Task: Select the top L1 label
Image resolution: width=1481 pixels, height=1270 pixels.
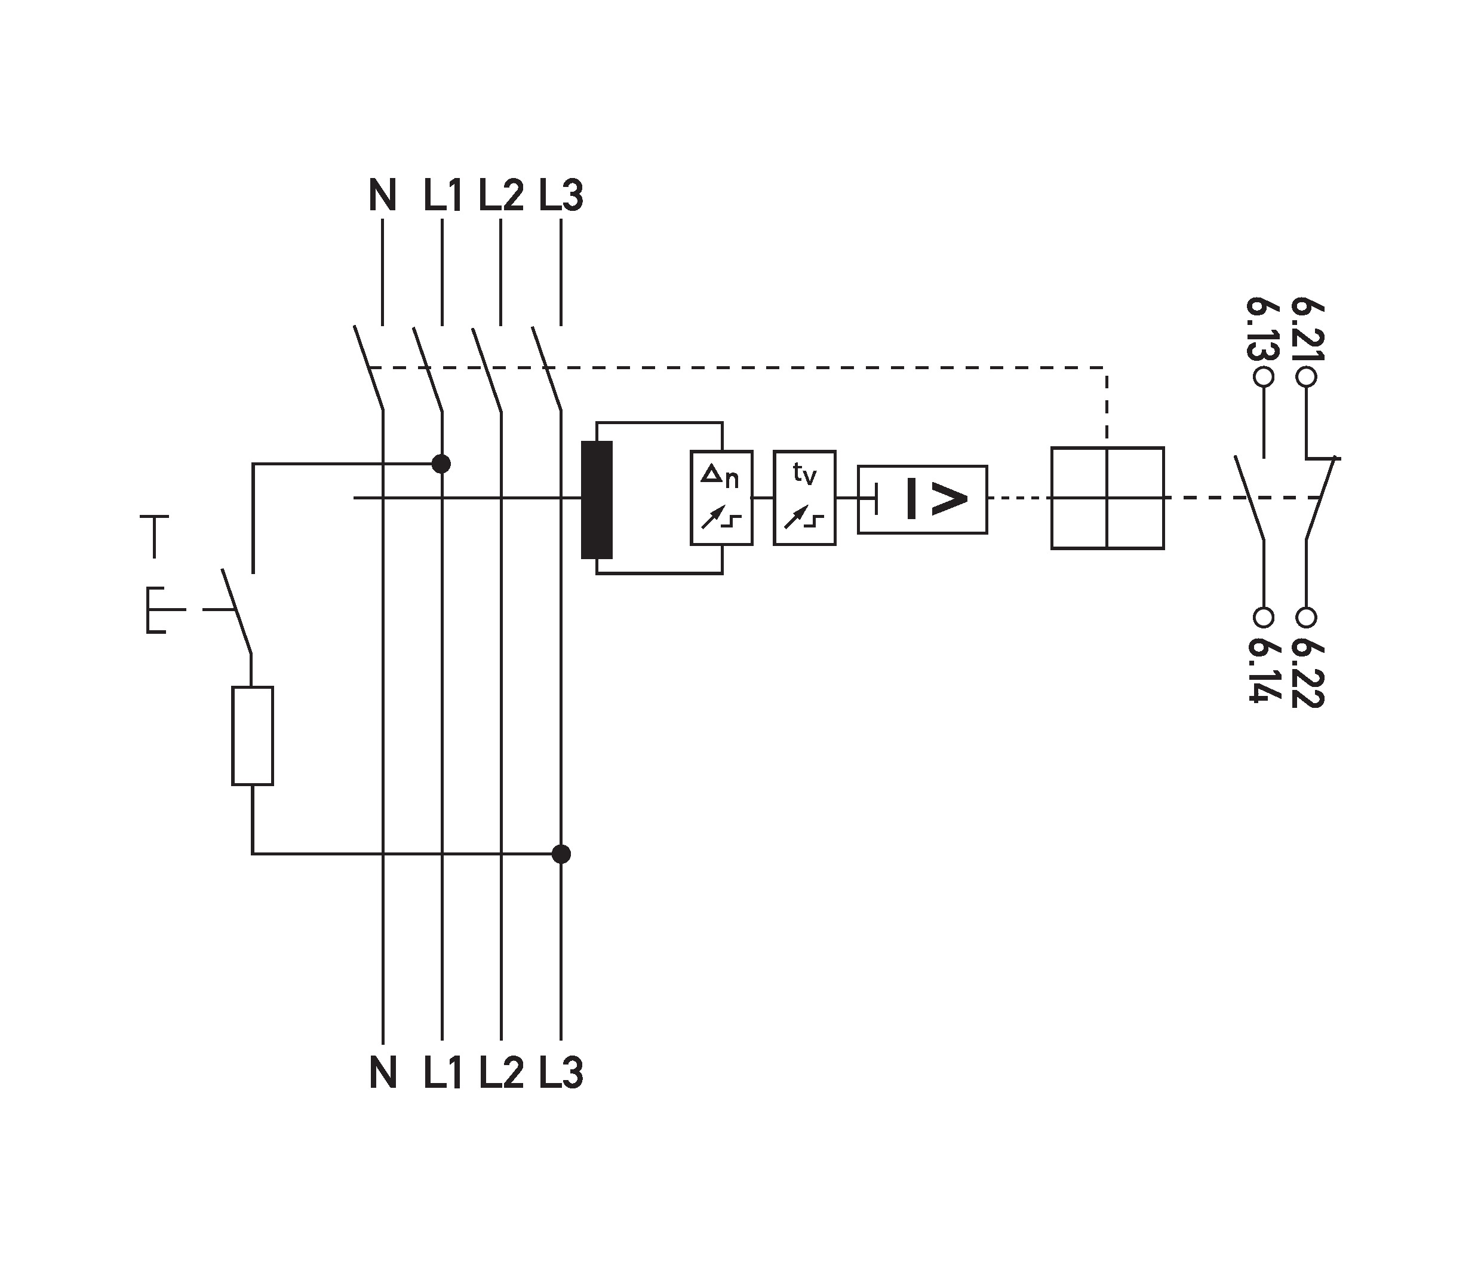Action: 443,195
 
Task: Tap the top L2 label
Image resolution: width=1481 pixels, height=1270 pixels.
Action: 501,195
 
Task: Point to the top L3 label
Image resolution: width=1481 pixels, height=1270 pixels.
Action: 561,195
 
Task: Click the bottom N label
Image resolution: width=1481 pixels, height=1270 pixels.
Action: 383,1073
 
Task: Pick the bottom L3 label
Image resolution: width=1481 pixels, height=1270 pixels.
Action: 561,1073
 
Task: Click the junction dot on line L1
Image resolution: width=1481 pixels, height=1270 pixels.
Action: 442,464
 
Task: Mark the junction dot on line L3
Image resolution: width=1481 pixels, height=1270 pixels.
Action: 562,854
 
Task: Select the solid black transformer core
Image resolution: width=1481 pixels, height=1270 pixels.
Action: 597,500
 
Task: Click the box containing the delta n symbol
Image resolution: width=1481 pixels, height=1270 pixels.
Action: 721,498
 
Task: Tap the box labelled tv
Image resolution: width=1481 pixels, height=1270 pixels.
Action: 804,498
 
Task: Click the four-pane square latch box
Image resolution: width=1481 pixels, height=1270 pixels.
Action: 1107,498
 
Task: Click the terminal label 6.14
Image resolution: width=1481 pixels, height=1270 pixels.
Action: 1263,668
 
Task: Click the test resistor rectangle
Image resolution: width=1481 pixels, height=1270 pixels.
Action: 253,736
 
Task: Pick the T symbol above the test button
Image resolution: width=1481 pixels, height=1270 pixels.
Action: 155,535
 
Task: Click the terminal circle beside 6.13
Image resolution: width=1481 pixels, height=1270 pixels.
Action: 1264,377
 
